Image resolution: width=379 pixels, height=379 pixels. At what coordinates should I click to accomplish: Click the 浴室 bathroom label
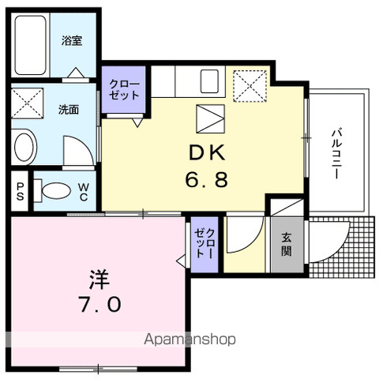tap(72, 41)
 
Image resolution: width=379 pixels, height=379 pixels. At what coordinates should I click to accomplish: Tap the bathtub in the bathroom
tap(30, 45)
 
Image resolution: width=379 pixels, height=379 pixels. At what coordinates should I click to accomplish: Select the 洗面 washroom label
tap(69, 110)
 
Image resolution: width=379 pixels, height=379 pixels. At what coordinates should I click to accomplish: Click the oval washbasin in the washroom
tap(24, 147)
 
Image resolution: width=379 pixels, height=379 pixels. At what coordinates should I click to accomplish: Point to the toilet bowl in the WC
tap(56, 190)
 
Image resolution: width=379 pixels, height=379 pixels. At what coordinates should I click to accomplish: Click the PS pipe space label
tap(20, 191)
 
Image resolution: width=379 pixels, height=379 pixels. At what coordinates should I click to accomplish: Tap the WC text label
tap(84, 192)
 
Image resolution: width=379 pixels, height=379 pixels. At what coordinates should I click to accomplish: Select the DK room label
tap(208, 152)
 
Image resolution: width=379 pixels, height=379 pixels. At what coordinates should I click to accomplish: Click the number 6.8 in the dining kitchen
tap(207, 179)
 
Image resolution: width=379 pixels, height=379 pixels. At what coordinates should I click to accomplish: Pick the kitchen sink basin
tap(209, 81)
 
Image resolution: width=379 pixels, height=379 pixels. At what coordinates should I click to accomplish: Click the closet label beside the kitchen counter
tap(124, 89)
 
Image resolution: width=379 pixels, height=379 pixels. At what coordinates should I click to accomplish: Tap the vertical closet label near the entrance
tap(205, 243)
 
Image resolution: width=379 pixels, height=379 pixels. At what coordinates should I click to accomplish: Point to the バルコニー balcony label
tap(336, 153)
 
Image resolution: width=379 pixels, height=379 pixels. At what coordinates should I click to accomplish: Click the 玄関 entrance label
tap(287, 244)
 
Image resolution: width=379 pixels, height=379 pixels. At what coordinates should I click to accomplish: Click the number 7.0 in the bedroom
tap(100, 304)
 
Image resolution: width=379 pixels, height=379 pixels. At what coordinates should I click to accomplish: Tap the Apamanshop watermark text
tap(189, 340)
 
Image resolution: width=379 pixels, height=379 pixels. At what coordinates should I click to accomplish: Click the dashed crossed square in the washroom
tap(28, 103)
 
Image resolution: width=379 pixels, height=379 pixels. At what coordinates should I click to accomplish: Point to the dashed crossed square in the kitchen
tap(250, 86)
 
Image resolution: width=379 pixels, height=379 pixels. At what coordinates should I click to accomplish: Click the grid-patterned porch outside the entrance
tap(341, 247)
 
